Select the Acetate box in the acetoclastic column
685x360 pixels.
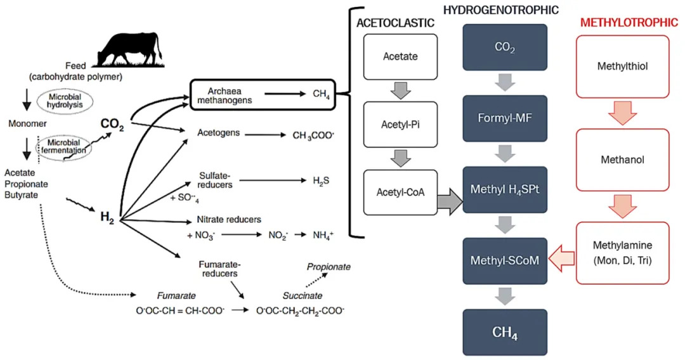tap(400, 57)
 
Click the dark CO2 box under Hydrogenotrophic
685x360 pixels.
tap(505, 47)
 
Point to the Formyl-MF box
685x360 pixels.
tap(505, 118)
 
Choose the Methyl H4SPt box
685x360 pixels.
tap(505, 189)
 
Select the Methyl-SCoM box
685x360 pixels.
tap(505, 260)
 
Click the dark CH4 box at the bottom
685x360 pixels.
tap(505, 331)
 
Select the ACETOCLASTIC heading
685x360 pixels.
tap(396, 23)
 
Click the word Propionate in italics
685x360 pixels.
tap(329, 267)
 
